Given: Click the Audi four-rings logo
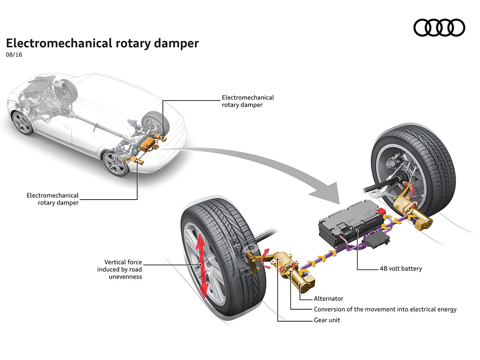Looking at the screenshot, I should pyautogui.click(x=439, y=28).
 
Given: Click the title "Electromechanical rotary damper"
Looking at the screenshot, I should pyautogui.click(x=102, y=43).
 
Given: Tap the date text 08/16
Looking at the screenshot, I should pyautogui.click(x=14, y=55).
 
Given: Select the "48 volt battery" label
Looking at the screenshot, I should pyautogui.click(x=400, y=268).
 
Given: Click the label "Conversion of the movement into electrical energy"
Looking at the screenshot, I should pyautogui.click(x=385, y=309).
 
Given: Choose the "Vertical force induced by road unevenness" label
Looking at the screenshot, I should pyautogui.click(x=120, y=269).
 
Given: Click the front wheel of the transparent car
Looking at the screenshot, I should pyautogui.click(x=22, y=123).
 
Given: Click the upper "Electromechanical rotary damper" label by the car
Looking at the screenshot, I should pyautogui.click(x=248, y=101).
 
